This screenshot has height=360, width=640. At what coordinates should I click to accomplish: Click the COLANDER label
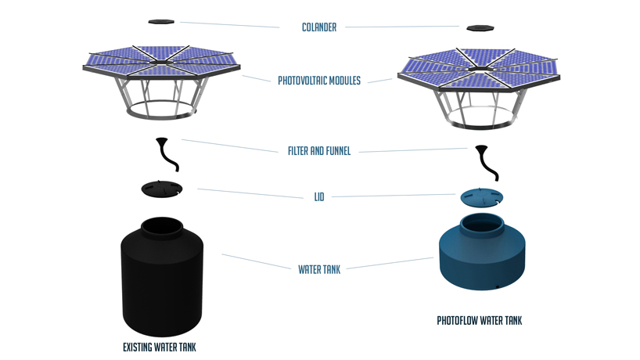319,27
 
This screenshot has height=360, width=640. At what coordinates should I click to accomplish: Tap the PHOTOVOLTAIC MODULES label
319,81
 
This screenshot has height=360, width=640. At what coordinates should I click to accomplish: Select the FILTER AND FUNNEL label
319,151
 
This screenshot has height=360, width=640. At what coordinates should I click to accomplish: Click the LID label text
319,197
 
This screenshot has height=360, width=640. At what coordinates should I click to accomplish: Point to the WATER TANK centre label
319,269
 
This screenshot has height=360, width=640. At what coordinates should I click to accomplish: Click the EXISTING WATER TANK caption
160,347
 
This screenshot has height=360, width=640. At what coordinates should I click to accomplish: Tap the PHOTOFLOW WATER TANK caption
479,321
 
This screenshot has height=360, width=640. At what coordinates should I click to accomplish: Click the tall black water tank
162,282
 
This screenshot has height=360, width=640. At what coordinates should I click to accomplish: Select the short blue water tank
481,258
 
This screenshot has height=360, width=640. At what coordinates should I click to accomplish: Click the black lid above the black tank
162,189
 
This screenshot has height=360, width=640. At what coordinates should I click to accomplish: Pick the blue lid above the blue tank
481,196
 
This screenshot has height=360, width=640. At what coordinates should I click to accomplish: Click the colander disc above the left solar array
162,21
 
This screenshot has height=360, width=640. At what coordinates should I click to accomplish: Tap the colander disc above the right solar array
480,28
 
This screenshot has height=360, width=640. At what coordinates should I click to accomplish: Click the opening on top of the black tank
162,227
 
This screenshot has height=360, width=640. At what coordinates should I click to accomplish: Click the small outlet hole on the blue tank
497,286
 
